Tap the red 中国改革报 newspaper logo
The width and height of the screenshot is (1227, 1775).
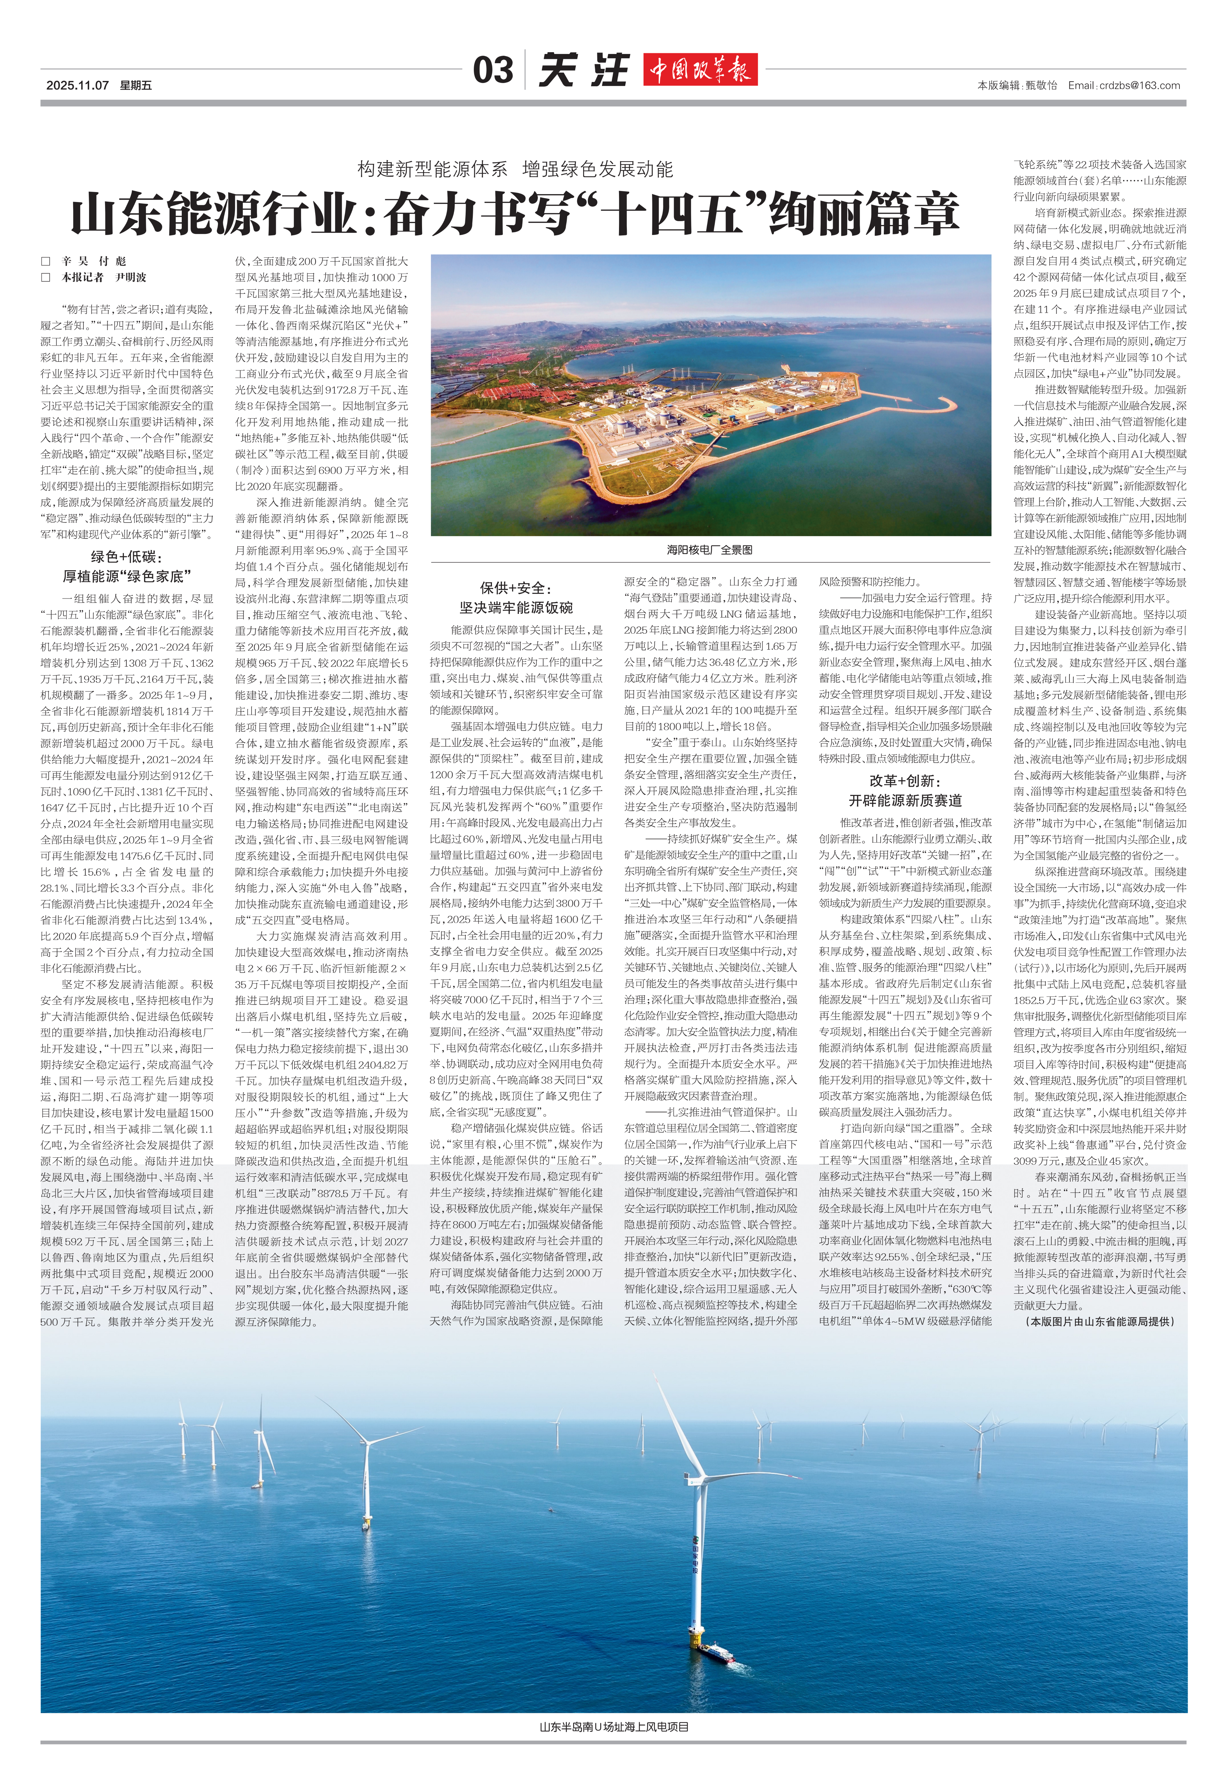(x=700, y=70)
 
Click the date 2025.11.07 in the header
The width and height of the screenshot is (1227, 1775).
(x=77, y=85)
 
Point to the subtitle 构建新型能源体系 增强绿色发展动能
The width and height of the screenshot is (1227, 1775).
(x=515, y=169)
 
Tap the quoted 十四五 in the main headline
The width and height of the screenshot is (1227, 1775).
(x=677, y=215)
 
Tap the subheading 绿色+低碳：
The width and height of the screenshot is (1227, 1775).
(x=127, y=557)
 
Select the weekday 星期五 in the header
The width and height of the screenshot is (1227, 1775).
(x=136, y=85)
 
